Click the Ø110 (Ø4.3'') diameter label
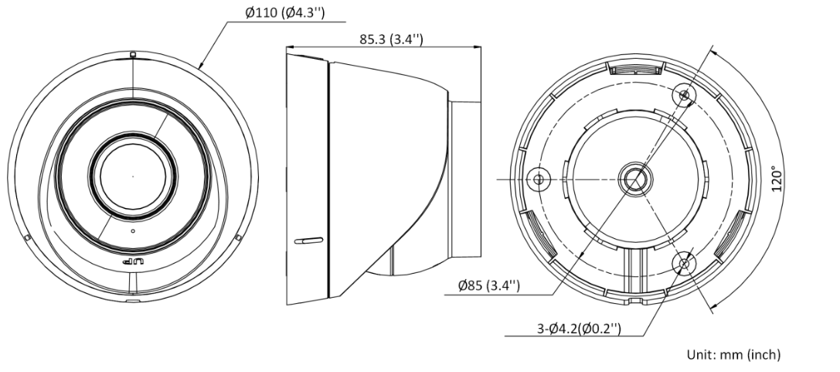tap(285, 13)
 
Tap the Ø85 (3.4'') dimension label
tap(489, 285)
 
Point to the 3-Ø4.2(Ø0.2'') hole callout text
tap(579, 328)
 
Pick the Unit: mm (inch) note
tap(733, 354)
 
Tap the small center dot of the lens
tap(133, 176)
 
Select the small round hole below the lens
tap(133, 231)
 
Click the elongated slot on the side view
tap(308, 241)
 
